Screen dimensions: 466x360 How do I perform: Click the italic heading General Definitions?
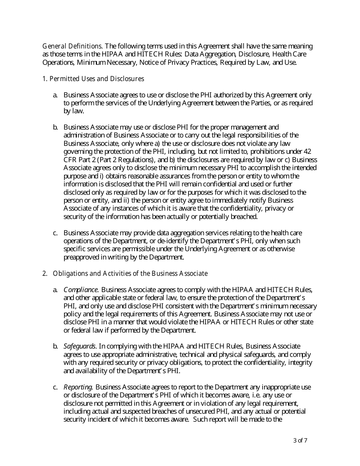(x=72, y=46)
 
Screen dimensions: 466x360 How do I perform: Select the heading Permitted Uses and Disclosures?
(x=97, y=79)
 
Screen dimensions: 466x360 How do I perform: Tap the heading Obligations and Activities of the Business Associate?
(x=130, y=274)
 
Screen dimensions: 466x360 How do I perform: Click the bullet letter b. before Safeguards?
(x=55, y=346)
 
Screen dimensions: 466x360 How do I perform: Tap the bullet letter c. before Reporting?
(x=55, y=387)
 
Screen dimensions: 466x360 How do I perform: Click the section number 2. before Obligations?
(x=44, y=274)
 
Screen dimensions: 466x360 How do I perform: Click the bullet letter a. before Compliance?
(x=55, y=290)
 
